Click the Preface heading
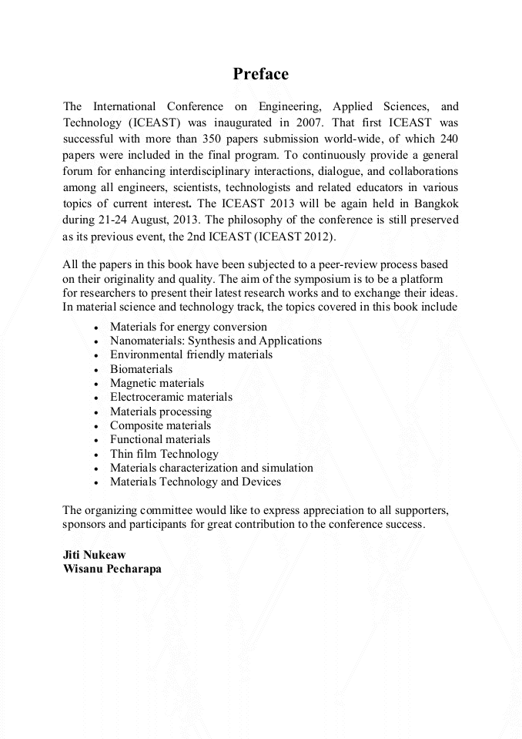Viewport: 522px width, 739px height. pos(260,75)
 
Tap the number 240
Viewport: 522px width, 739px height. pos(447,139)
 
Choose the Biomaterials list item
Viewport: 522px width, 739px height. pos(141,369)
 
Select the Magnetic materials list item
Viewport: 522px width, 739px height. pos(157,383)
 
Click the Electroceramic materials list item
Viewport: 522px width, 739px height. pos(171,397)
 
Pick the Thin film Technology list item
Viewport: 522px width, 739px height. pos(164,454)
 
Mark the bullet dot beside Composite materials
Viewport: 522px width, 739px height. pos(95,426)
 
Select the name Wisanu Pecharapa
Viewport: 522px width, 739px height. pos(112,569)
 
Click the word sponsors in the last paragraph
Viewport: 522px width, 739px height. pos(83,524)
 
